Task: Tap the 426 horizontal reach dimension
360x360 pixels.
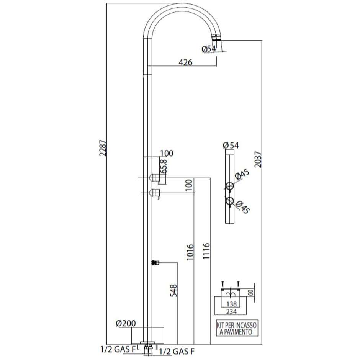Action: tap(185, 62)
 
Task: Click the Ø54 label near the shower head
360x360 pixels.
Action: tap(208, 49)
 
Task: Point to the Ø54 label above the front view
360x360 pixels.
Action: tap(230, 145)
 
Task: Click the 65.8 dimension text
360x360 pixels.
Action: tap(164, 167)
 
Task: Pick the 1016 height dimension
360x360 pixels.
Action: tap(191, 253)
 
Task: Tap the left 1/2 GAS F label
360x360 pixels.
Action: tap(118, 349)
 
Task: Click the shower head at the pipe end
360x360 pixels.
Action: tap(216, 38)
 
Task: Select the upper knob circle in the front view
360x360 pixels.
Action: tap(229, 186)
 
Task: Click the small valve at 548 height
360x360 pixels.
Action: tap(155, 263)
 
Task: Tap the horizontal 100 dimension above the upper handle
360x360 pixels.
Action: tap(167, 154)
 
